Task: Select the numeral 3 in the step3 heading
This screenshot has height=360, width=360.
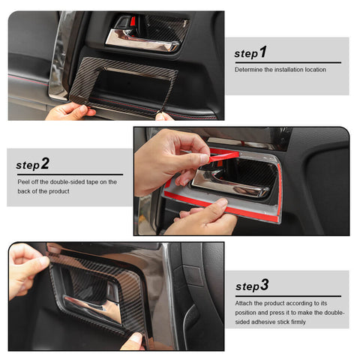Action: point(264,285)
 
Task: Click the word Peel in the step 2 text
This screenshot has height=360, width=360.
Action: point(24,181)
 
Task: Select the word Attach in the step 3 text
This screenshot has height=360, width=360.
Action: point(244,303)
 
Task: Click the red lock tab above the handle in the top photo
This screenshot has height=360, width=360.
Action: point(133,22)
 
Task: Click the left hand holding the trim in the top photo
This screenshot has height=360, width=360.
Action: point(67,111)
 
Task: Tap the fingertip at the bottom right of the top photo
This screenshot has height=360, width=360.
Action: point(163,116)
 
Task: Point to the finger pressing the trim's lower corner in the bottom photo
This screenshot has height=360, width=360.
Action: point(133,341)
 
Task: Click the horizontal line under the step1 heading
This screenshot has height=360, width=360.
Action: point(287,62)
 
